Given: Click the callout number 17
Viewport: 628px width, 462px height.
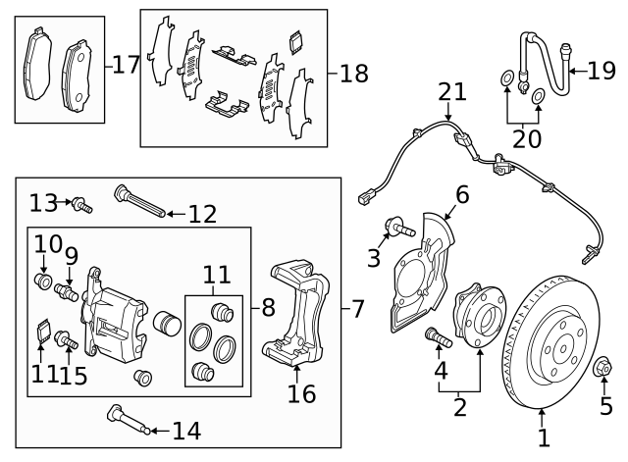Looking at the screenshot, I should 127,66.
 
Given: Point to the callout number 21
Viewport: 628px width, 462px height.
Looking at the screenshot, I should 452,91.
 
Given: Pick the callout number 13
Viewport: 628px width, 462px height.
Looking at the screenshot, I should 42,202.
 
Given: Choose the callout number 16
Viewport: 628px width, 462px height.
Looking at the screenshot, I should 301,393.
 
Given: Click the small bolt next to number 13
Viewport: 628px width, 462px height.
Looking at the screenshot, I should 82,206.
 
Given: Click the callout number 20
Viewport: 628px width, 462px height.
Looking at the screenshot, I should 527,139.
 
